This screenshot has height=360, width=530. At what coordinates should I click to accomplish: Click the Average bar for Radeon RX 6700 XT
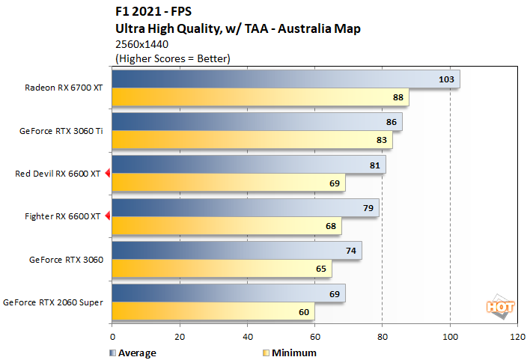(x=284, y=79)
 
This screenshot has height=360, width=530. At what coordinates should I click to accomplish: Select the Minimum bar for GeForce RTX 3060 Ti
(x=252, y=140)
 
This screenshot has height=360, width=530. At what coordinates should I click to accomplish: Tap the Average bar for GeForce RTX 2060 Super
(x=228, y=293)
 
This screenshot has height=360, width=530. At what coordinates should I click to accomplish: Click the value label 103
(x=446, y=79)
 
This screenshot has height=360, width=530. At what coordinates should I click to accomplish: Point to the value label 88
(x=418, y=97)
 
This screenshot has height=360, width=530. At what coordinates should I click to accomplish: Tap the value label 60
(x=303, y=311)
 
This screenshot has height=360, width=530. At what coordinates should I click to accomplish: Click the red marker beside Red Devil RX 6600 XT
(x=107, y=174)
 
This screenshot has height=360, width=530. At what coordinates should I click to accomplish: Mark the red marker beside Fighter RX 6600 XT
(x=107, y=217)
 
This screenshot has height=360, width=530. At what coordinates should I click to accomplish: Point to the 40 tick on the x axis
(x=247, y=338)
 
